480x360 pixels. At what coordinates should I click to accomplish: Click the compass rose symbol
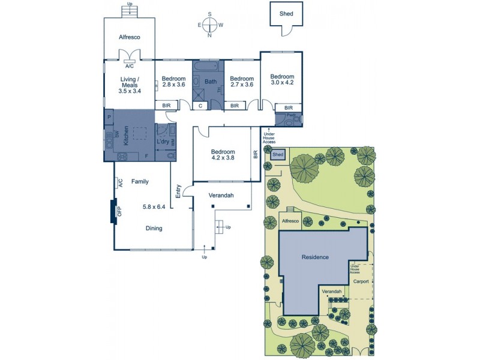coord(209,25)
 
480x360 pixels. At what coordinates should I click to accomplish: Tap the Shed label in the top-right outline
coord(286,12)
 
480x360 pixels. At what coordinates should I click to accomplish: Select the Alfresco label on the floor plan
coord(129,37)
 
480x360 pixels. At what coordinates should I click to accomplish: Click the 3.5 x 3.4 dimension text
coord(130,91)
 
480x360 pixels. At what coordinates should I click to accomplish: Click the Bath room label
coord(210,82)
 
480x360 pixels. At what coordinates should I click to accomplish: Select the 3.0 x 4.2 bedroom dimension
coord(281,83)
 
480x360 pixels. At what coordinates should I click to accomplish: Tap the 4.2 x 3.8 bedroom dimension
coord(222,159)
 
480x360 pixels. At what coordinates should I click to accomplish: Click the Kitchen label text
coord(126,136)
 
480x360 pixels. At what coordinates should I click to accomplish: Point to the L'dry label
coord(162,142)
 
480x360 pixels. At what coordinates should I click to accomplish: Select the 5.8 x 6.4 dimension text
coord(154,207)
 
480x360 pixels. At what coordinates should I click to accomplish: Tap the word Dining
coord(154,228)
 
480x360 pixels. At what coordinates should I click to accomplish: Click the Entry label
coord(178,191)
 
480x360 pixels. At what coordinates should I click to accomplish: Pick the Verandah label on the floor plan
coord(221,196)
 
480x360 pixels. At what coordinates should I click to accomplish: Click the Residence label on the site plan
coord(315,257)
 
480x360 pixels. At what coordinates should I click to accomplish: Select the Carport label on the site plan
coord(361,280)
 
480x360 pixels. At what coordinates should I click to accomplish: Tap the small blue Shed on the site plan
coord(278,155)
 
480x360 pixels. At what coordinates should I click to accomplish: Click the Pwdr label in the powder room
coord(290,115)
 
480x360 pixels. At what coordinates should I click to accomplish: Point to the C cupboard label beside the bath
coord(200,106)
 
